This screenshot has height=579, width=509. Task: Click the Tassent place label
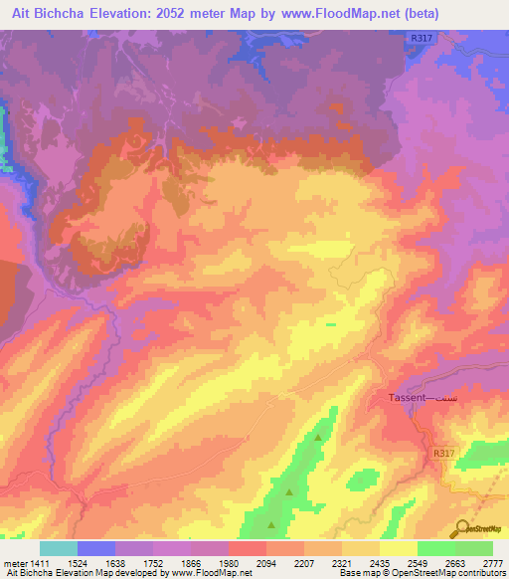406,397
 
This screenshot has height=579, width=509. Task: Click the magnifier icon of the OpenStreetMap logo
461,527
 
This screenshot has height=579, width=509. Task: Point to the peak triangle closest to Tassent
318,437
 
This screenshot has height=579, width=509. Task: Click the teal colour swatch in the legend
59,548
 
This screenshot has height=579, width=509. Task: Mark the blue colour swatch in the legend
96,548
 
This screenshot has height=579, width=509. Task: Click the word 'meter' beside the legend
15,563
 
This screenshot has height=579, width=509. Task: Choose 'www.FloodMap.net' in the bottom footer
211,574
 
